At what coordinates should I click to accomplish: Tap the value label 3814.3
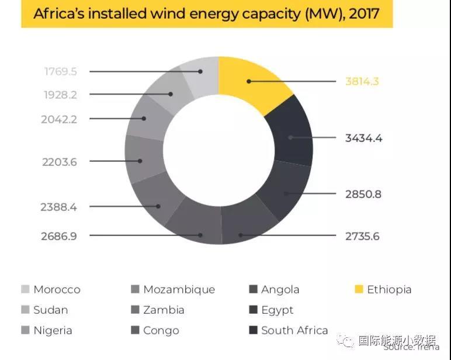362,81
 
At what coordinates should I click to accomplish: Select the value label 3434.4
363,138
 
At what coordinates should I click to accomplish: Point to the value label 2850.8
363,193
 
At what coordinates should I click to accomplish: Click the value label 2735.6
362,236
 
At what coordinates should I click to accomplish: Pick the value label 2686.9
58,236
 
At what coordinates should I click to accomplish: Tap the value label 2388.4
59,206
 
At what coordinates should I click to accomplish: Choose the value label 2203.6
59,162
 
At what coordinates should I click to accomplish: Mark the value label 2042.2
59,119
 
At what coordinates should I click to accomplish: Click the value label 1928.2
60,94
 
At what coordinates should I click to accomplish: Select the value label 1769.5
60,71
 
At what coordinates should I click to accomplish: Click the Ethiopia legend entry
388,289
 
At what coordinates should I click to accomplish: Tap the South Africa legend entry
294,330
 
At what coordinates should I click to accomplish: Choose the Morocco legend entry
56,289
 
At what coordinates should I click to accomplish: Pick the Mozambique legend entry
178,289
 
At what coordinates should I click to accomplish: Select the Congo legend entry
161,330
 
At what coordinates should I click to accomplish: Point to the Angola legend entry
280,289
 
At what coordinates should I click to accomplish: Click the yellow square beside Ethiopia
359,289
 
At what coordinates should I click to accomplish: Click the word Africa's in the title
61,14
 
